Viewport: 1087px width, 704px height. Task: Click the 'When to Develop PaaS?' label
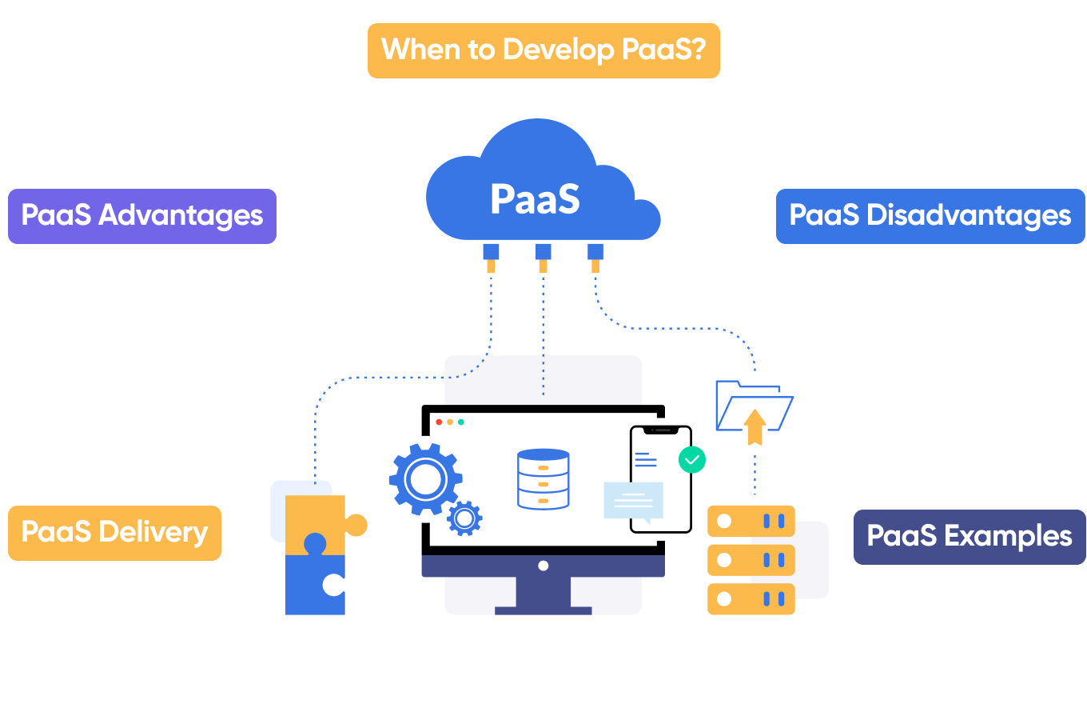click(x=543, y=50)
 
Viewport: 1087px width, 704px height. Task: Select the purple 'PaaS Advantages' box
click(x=142, y=216)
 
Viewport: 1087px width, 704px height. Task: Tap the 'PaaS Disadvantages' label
click(x=930, y=216)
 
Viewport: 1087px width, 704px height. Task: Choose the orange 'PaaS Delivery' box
click(x=114, y=533)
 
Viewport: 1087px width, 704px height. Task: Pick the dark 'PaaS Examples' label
click(x=970, y=537)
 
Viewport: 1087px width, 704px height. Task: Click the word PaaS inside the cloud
click(x=535, y=199)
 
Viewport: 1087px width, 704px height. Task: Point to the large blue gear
click(x=424, y=479)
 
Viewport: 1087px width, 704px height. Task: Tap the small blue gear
click(x=464, y=518)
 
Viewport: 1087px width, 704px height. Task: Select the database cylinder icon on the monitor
click(x=543, y=479)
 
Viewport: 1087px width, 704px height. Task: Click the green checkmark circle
click(x=691, y=459)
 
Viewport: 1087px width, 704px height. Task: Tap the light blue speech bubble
click(x=634, y=501)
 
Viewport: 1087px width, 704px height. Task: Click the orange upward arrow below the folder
click(x=754, y=426)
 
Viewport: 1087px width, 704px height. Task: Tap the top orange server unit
click(x=751, y=521)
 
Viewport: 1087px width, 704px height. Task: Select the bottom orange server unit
click(x=751, y=598)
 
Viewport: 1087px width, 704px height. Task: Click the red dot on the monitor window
click(x=438, y=422)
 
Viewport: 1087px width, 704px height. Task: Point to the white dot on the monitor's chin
click(x=543, y=566)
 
